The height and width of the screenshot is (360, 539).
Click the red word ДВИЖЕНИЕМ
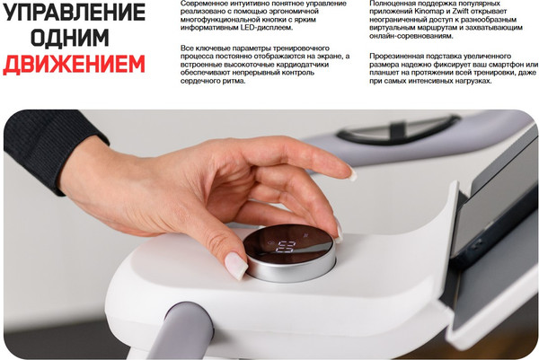click(x=74, y=64)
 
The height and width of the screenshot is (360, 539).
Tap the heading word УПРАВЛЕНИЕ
click(x=74, y=12)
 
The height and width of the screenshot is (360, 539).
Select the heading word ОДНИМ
click(x=70, y=38)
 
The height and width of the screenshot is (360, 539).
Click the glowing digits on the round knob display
click(x=286, y=247)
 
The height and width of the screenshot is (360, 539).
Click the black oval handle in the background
click(x=398, y=130)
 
